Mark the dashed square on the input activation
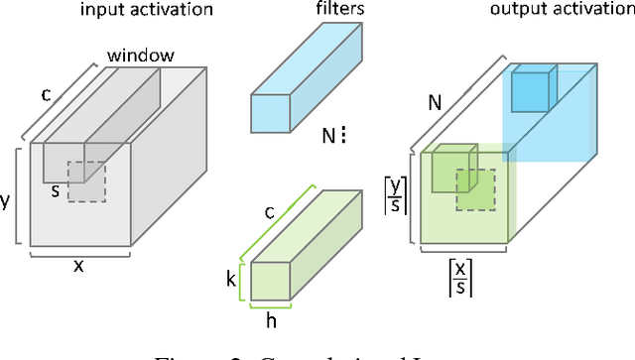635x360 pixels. [87, 180]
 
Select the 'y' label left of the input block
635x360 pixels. [7, 199]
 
